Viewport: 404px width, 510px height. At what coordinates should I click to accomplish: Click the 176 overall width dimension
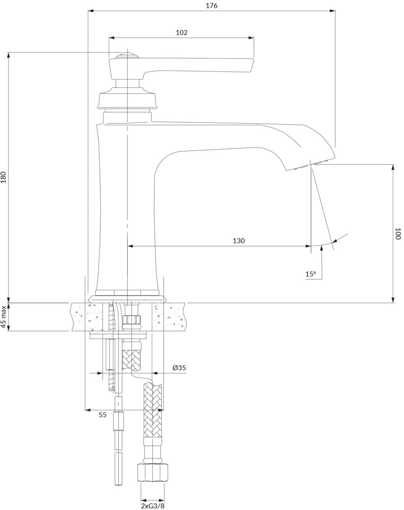pyautogui.click(x=212, y=6)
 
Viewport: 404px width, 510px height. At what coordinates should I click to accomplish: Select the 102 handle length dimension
pyautogui.click(x=181, y=32)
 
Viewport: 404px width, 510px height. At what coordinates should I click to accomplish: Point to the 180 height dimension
pyautogui.click(x=3, y=177)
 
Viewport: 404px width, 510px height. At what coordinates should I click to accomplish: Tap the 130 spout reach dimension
pyautogui.click(x=239, y=241)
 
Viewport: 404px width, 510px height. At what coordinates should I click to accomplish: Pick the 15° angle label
pyautogui.click(x=311, y=274)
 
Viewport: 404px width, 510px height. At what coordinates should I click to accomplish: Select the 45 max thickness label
pyautogui.click(x=3, y=317)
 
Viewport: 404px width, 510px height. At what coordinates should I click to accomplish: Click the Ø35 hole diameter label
pyautogui.click(x=179, y=368)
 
